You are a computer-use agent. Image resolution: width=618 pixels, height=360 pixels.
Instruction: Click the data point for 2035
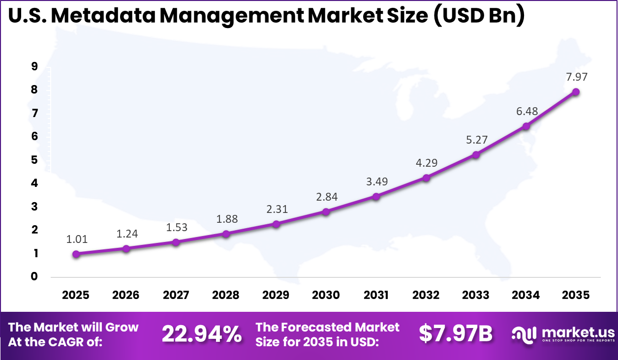[575, 92]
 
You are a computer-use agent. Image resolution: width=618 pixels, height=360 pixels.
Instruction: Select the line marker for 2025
[76, 254]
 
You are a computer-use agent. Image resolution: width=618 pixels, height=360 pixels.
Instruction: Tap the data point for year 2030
[326, 211]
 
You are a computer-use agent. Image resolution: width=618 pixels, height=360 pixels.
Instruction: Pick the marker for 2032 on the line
[426, 178]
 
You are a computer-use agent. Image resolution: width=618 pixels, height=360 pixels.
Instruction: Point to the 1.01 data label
[77, 240]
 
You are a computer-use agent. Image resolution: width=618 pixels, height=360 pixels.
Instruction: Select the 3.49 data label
[376, 181]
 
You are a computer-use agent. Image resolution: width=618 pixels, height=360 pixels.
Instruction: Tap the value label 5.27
[476, 140]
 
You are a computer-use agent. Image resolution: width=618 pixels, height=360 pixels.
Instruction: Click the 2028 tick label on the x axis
[226, 295]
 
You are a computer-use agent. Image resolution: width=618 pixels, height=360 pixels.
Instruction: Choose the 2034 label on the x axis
[525, 295]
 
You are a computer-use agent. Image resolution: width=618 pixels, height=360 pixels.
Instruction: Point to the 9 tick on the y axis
[34, 66]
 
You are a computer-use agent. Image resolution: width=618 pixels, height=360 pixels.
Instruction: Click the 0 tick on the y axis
[34, 276]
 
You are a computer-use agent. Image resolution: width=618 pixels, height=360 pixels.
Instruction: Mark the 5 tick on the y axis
[34, 160]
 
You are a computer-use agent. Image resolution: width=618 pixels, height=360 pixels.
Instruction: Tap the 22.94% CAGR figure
[202, 334]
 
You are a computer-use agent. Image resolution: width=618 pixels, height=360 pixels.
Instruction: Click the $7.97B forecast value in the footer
[456, 334]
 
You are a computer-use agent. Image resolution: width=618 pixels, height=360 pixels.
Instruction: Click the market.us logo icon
[525, 334]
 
